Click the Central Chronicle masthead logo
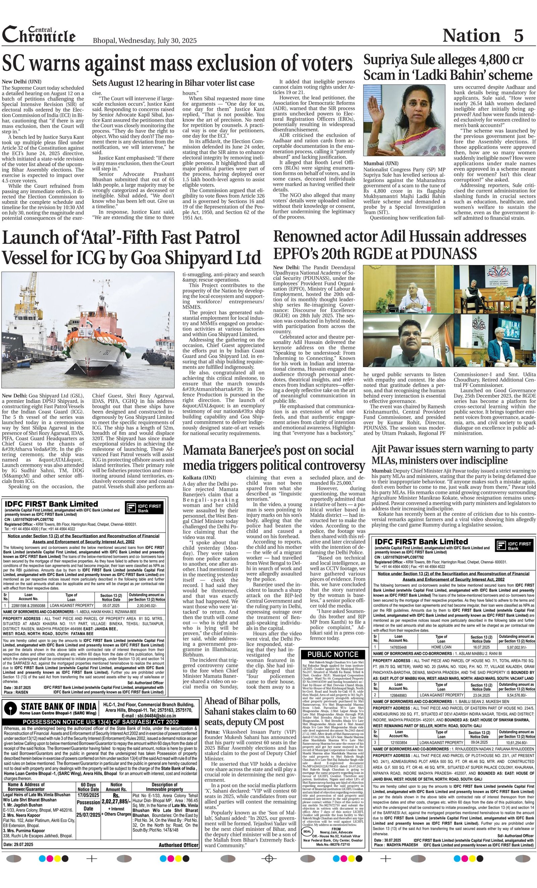[39, 35]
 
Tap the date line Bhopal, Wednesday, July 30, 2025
[144, 40]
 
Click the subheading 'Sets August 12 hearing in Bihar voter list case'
[173, 83]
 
